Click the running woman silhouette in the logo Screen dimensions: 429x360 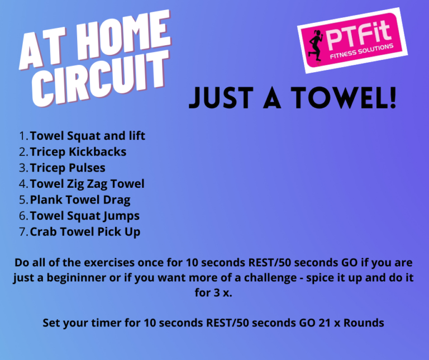[x=316, y=45]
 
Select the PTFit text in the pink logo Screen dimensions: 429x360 [x=359, y=34]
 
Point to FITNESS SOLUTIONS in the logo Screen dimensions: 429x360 [x=362, y=51]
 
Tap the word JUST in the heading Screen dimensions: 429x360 [x=221, y=98]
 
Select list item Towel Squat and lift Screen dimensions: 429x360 [x=88, y=136]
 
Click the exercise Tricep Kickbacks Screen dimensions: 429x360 [x=78, y=152]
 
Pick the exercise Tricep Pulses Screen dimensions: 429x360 [x=68, y=168]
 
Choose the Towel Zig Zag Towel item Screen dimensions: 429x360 [x=87, y=184]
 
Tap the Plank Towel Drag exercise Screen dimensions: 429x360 [x=80, y=200]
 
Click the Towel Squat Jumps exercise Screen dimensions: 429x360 [x=85, y=216]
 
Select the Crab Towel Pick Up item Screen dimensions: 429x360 [x=85, y=232]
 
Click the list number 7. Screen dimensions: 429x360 [x=23, y=232]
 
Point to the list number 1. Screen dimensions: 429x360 [x=23, y=136]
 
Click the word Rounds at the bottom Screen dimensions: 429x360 [x=364, y=323]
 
